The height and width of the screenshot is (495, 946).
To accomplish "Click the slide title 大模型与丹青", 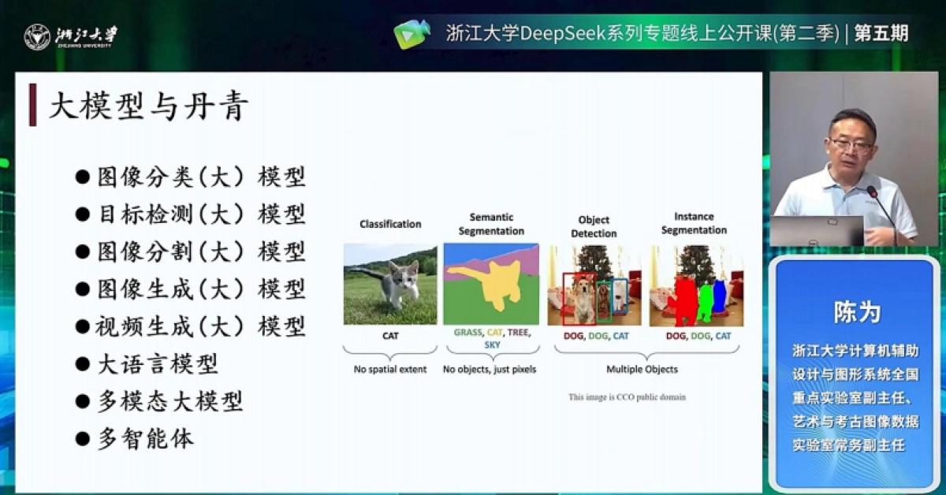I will click(149, 107).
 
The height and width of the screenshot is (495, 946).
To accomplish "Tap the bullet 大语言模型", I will click(157, 363).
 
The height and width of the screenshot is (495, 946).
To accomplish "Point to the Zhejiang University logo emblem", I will click(36, 36).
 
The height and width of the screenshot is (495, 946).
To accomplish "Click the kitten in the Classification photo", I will click(399, 284).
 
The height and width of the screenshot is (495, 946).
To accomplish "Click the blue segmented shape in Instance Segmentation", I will click(719, 300).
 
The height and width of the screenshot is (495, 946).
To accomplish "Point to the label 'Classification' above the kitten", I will click(390, 224).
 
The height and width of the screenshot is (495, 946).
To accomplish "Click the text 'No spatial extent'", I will click(390, 369).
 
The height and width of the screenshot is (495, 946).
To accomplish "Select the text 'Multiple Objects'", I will click(642, 369).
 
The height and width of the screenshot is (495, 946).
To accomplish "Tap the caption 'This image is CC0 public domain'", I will click(627, 397).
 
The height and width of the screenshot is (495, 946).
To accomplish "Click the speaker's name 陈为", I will click(856, 312).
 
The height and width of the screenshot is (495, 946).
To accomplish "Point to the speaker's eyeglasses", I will click(851, 145).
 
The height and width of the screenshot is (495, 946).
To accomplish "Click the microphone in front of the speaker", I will click(873, 192).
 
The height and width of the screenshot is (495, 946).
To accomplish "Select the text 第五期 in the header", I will click(881, 34).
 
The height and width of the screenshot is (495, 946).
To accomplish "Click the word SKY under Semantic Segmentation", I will click(492, 345).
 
